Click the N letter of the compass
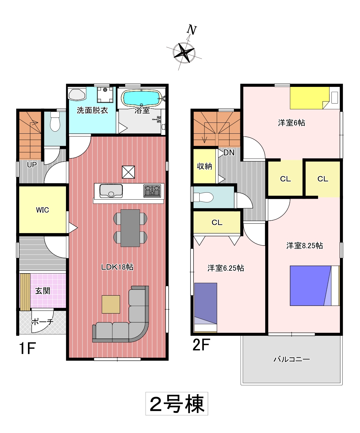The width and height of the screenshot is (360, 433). point(192,30)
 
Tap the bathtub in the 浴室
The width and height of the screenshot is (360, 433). point(142,98)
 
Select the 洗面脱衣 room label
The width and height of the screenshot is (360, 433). point(92,110)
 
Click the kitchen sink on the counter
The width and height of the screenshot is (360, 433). point(111,191)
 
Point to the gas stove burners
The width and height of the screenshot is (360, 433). point(152,191)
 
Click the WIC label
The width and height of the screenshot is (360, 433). point(43,210)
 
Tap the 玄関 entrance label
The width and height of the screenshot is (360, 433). point(43,291)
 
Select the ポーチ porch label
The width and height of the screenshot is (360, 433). point(43,322)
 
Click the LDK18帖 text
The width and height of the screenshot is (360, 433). point(117,267)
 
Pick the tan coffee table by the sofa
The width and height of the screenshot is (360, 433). point(111,304)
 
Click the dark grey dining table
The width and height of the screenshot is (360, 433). point(130,228)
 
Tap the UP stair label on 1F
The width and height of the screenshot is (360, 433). point(32,165)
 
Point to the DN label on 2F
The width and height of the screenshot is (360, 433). point(229,153)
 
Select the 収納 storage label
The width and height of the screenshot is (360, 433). point(204,166)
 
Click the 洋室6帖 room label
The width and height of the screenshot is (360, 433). point(292,123)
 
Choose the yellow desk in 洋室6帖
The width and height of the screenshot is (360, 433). point(310,98)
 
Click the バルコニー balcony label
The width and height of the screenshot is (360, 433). point(292,359)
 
